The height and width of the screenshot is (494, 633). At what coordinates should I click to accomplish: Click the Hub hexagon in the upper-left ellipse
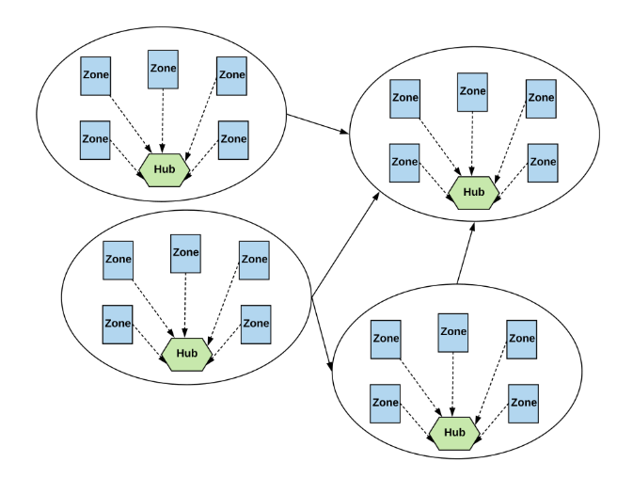[x=165, y=169]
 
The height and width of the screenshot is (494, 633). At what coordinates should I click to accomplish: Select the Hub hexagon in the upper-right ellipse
[x=473, y=193]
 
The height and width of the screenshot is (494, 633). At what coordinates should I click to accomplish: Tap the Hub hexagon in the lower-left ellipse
[x=187, y=354]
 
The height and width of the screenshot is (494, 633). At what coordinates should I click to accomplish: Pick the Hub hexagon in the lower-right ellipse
[x=454, y=434]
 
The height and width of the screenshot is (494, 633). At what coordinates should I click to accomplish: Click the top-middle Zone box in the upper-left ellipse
[x=163, y=70]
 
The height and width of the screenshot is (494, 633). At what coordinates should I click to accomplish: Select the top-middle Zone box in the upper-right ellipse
[x=472, y=92]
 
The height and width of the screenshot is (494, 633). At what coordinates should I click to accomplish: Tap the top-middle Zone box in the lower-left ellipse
[x=185, y=254]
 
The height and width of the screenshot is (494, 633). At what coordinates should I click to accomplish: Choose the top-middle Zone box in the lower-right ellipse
[x=453, y=332]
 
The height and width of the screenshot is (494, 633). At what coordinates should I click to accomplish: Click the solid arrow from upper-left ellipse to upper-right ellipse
[x=317, y=123]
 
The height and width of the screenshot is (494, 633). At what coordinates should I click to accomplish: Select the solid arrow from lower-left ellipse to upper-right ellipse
[x=345, y=246]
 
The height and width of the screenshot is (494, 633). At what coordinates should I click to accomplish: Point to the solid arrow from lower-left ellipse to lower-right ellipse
[x=322, y=334]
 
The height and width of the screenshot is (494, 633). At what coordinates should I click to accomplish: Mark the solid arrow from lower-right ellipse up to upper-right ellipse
[x=466, y=253]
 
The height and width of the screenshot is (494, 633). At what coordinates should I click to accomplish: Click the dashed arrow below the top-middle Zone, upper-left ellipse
[x=163, y=120]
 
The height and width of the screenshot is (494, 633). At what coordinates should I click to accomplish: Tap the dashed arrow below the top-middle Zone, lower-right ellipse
[x=453, y=384]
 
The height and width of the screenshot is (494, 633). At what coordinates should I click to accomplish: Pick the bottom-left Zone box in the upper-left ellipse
[x=95, y=140]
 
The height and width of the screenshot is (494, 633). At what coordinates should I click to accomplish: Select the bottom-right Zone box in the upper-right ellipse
[x=543, y=163]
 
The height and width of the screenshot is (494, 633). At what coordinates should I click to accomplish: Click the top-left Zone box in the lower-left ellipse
[x=118, y=261]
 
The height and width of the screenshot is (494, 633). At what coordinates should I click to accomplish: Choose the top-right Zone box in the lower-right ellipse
[x=522, y=340]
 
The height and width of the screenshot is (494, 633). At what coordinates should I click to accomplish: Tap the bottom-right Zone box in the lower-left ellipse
[x=256, y=325]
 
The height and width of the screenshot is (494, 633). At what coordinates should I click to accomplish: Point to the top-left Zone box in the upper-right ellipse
[x=404, y=99]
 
